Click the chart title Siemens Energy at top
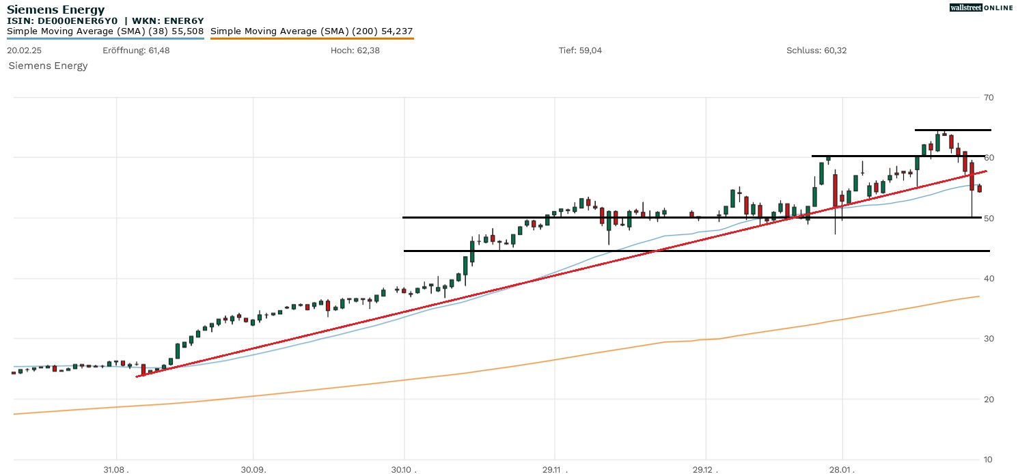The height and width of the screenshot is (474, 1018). tap(56, 10)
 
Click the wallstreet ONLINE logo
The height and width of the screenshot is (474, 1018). tap(981, 8)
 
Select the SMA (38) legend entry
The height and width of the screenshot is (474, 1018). tap(105, 31)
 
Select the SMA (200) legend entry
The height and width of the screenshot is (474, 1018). tap(312, 31)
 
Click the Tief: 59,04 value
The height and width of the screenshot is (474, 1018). tap(580, 51)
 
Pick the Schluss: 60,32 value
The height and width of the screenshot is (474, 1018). tap(816, 51)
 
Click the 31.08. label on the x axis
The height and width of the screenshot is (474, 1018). tap(116, 469)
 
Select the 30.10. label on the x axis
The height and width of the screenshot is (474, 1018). tap(404, 469)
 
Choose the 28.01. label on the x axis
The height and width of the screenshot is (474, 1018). tap(842, 469)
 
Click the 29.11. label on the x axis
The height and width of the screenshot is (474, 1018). tap(554, 469)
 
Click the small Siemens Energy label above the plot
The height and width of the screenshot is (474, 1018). tap(48, 66)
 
